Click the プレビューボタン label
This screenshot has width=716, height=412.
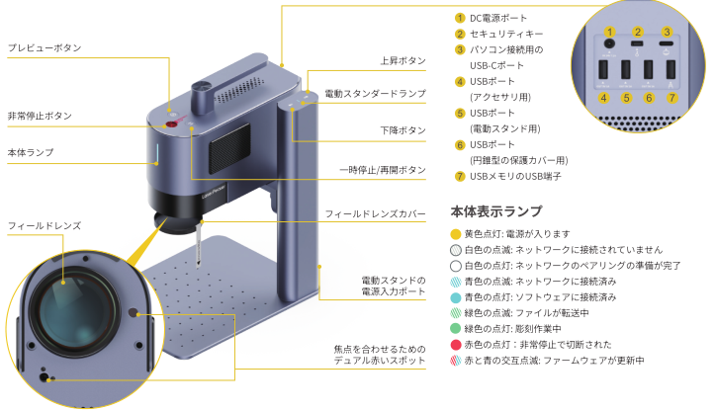click(x=45, y=47)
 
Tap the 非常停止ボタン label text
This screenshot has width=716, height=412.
click(x=40, y=116)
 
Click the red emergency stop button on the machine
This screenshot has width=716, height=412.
click(x=171, y=124)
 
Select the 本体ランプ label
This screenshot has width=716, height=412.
click(x=31, y=152)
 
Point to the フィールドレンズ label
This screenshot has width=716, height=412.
click(x=45, y=225)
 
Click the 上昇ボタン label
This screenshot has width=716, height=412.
click(x=403, y=60)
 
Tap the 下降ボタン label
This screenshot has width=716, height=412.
click(x=403, y=130)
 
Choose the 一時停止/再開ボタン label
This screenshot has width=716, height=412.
click(x=383, y=170)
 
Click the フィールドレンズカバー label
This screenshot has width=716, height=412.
click(x=375, y=213)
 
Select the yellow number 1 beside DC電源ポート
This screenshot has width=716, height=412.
click(x=460, y=18)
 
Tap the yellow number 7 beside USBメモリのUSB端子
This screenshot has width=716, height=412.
click(x=460, y=176)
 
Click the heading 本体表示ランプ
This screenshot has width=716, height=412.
click(x=496, y=211)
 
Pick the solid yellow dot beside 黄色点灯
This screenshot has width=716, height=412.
click(x=455, y=234)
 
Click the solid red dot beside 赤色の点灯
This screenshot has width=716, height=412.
click(x=455, y=345)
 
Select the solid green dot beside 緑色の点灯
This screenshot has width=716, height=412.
click(x=455, y=328)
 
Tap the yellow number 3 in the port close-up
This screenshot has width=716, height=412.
click(x=667, y=32)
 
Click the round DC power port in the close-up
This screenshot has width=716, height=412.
click(x=609, y=44)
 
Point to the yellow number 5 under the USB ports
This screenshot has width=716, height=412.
click(x=626, y=98)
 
